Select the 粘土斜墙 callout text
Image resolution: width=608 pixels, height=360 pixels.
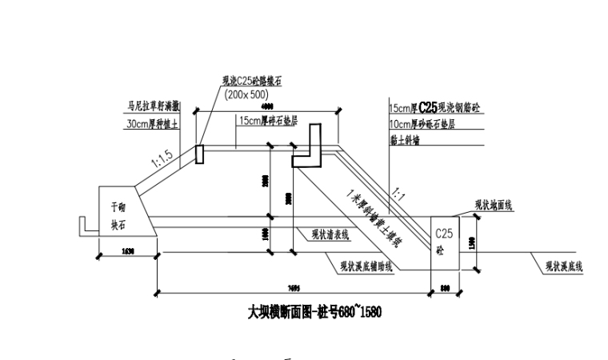tap(405, 140)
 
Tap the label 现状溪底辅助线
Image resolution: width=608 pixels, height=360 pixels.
tap(366, 266)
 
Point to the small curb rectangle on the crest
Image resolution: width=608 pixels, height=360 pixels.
tap(199, 154)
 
